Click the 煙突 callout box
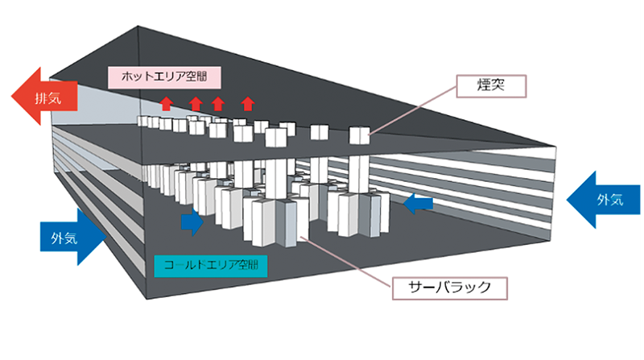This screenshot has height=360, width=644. [x=490, y=83]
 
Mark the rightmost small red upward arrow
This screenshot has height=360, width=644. [x=248, y=103]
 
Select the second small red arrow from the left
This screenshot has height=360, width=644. [x=196, y=103]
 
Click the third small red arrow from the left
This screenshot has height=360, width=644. [x=218, y=103]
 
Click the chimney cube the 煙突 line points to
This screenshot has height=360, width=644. [x=359, y=136]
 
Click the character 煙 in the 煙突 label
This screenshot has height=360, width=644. [x=481, y=83]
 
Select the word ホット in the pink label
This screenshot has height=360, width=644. [x=137, y=77]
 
